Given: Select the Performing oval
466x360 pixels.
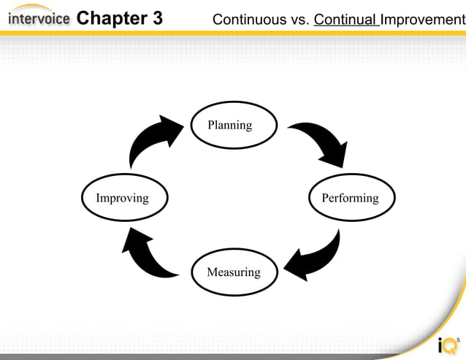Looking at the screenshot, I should pos(351,198).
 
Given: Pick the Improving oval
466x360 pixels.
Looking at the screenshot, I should pos(123,198).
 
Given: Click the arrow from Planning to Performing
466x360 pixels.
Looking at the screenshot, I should pos(321,142).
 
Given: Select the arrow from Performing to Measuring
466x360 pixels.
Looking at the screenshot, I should pos(314,256).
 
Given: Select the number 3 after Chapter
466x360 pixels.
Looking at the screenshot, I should pos(158,18).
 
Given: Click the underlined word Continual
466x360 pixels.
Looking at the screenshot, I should pos(345,19).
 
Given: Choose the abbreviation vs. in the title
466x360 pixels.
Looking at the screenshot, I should pos(297,19).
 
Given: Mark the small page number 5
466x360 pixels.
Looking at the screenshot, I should pos(458,340).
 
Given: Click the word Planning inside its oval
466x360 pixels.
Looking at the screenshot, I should pos(229,125).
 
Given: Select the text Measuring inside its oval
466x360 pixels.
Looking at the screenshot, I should pos(233,272).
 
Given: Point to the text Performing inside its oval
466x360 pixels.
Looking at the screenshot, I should pos(351,198).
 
